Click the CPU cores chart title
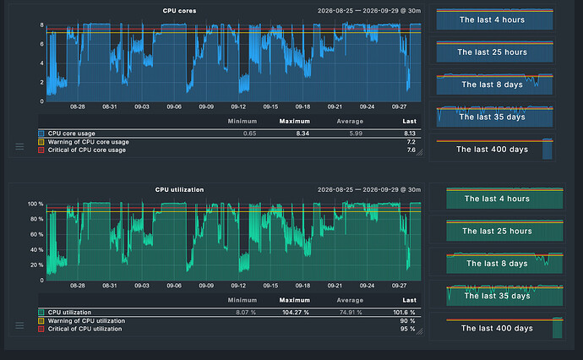coord(179,11)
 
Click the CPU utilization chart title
coord(179,189)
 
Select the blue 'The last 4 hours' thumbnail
coord(494,19)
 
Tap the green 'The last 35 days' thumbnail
coord(504,295)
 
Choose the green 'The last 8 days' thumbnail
coord(504,263)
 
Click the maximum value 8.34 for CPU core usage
coord(302,134)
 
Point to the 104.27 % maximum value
coord(296,313)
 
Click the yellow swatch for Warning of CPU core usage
coord(41,142)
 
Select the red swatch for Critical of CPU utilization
coord(41,329)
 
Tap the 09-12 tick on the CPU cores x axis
coord(238,106)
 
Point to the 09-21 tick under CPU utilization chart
coord(335,286)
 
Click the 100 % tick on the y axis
coord(35,204)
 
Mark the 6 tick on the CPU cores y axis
coord(42,44)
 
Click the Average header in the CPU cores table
coord(350,121)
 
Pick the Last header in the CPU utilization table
coord(409,300)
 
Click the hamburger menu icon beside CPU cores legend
coord(19,146)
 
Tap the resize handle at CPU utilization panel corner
coord(419,331)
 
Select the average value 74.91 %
coord(351,313)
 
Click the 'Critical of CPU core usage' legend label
coord(87,150)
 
